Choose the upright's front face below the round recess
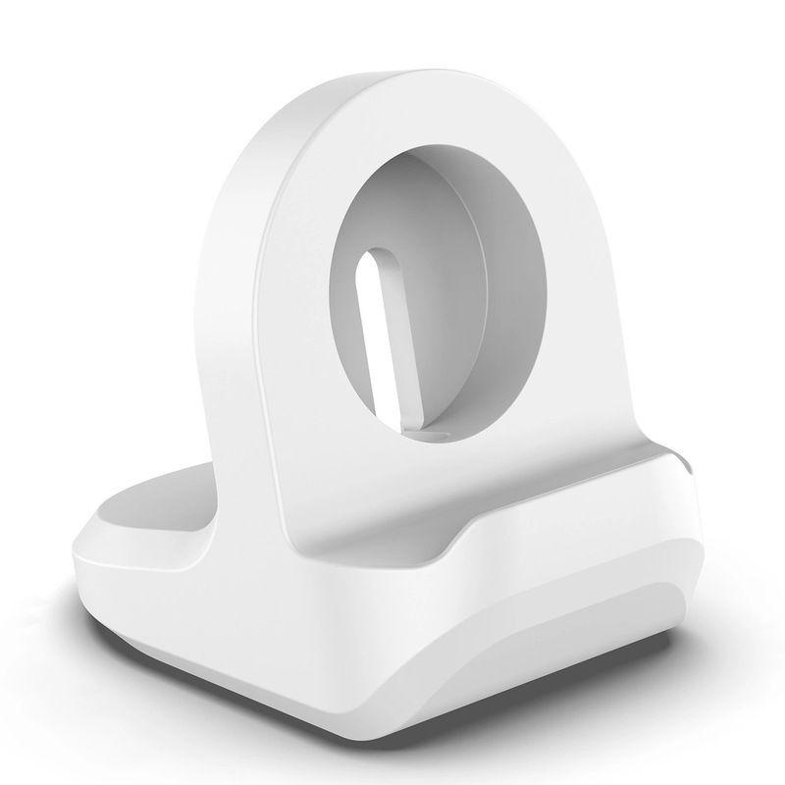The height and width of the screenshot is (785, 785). pos(392,491)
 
